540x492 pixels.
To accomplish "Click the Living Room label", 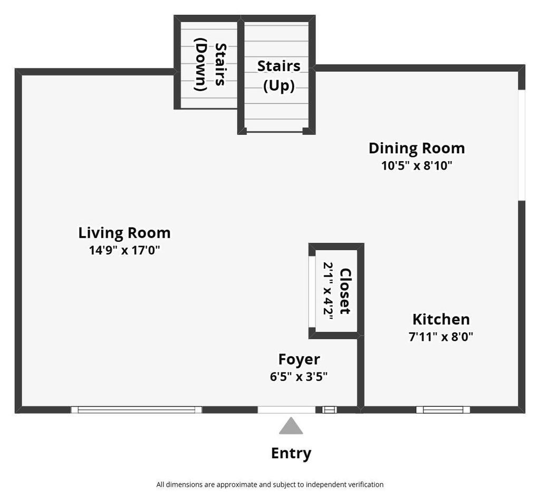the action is coord(124,233).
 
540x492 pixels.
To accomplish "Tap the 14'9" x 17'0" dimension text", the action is coord(124,250).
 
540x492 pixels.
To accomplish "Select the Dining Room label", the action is coord(417,149).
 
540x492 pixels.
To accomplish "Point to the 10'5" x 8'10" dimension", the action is coord(417,165).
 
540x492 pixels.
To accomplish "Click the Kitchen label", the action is coord(441,319).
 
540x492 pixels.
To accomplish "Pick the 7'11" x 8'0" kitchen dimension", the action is coord(441,337).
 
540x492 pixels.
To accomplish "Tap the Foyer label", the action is coord(299,360).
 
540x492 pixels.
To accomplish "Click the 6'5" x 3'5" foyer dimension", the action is coord(298,377).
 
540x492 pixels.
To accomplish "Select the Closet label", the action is coord(345,291).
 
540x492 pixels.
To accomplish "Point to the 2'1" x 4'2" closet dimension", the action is coord(328,291).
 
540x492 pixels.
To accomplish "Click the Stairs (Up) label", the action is coord(279,76).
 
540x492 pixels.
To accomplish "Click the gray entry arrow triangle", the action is coord(291,426).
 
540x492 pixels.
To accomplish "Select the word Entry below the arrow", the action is coord(291,454).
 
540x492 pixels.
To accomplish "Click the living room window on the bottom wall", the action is coord(137,409).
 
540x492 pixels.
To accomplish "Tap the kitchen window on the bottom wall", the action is coord(443,409).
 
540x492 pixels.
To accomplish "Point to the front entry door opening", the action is coord(286,409).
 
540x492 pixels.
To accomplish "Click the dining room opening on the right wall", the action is coord(522,145).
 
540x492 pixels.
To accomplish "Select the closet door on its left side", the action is coord(312,291).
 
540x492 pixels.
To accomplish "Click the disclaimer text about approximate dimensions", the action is coord(270,485).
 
